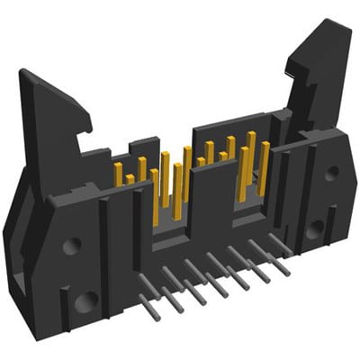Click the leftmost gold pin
coord(118,171)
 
